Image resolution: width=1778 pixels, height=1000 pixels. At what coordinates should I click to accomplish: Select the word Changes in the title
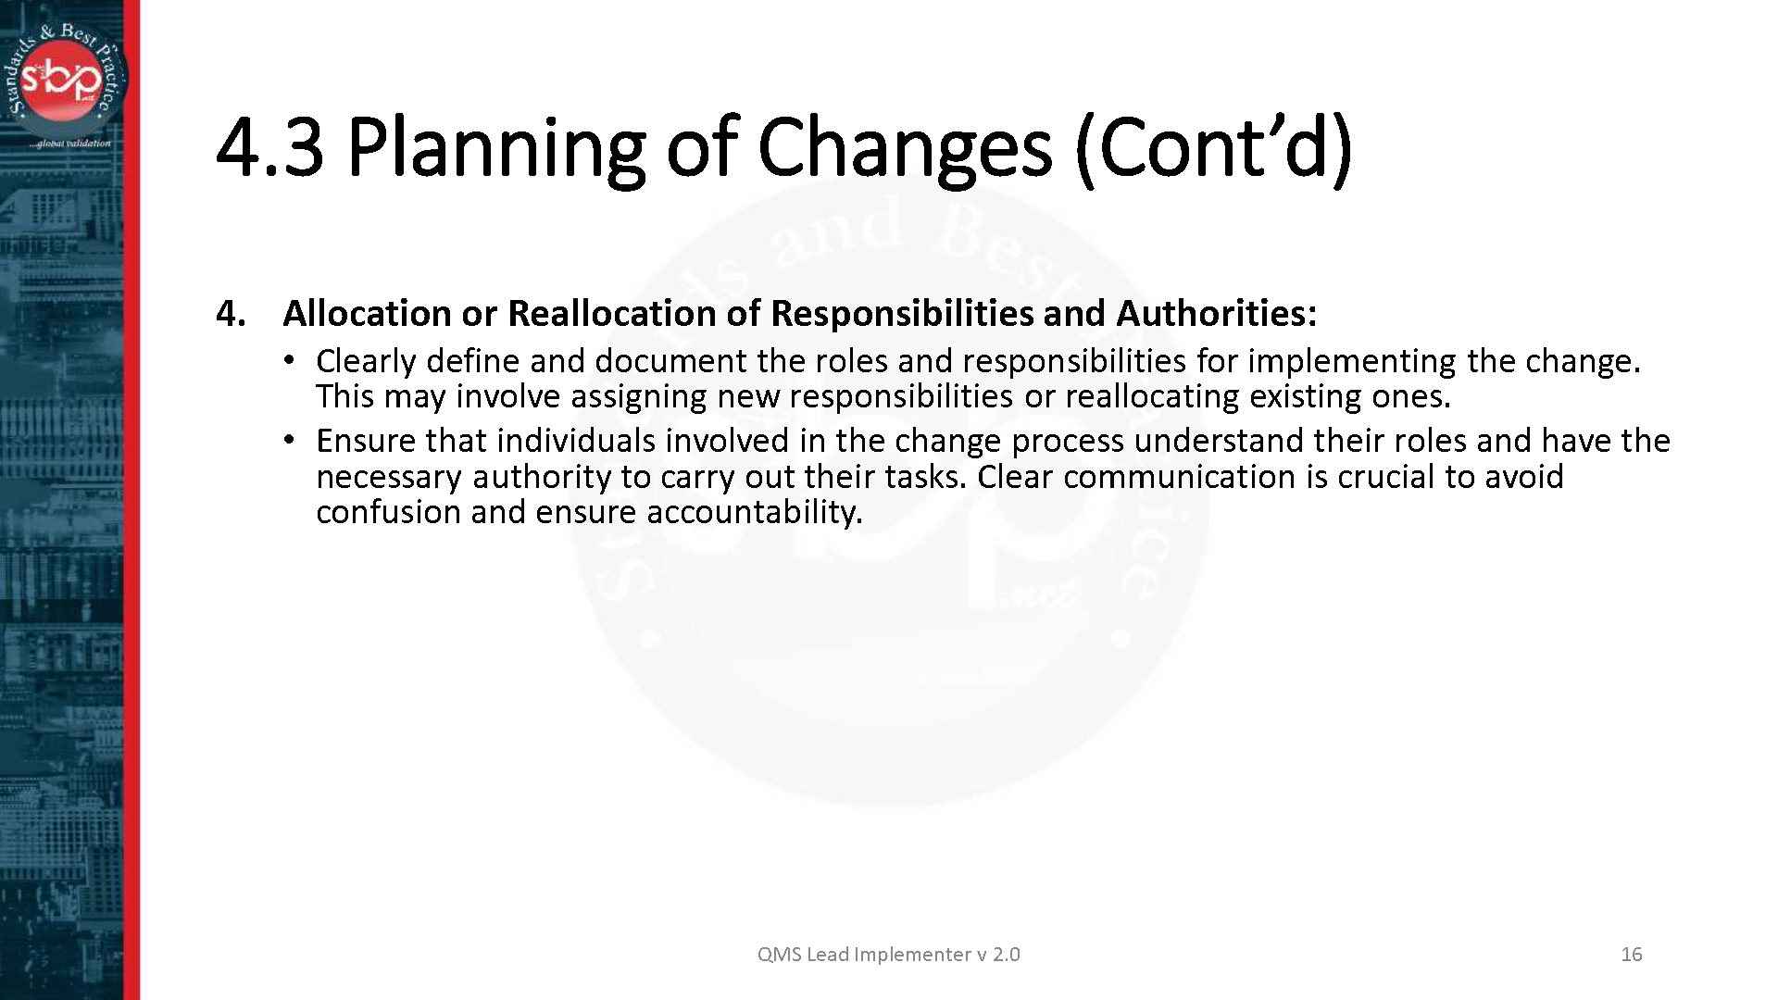(x=904, y=148)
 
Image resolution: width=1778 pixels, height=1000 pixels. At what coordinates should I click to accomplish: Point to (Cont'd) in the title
(x=1213, y=148)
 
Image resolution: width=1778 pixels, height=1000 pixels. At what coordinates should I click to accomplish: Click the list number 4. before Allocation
(x=231, y=314)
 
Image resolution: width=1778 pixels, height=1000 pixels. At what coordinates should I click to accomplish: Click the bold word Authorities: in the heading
(x=1216, y=314)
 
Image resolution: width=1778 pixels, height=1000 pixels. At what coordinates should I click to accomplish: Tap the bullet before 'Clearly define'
(x=290, y=360)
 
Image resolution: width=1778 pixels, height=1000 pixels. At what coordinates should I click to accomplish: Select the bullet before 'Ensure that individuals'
(x=290, y=441)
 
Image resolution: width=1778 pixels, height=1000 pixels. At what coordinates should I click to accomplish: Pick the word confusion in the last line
(x=388, y=512)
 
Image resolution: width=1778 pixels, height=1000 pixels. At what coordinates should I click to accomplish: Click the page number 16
(x=1631, y=955)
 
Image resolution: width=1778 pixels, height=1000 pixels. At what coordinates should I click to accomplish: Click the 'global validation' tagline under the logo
(x=71, y=144)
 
